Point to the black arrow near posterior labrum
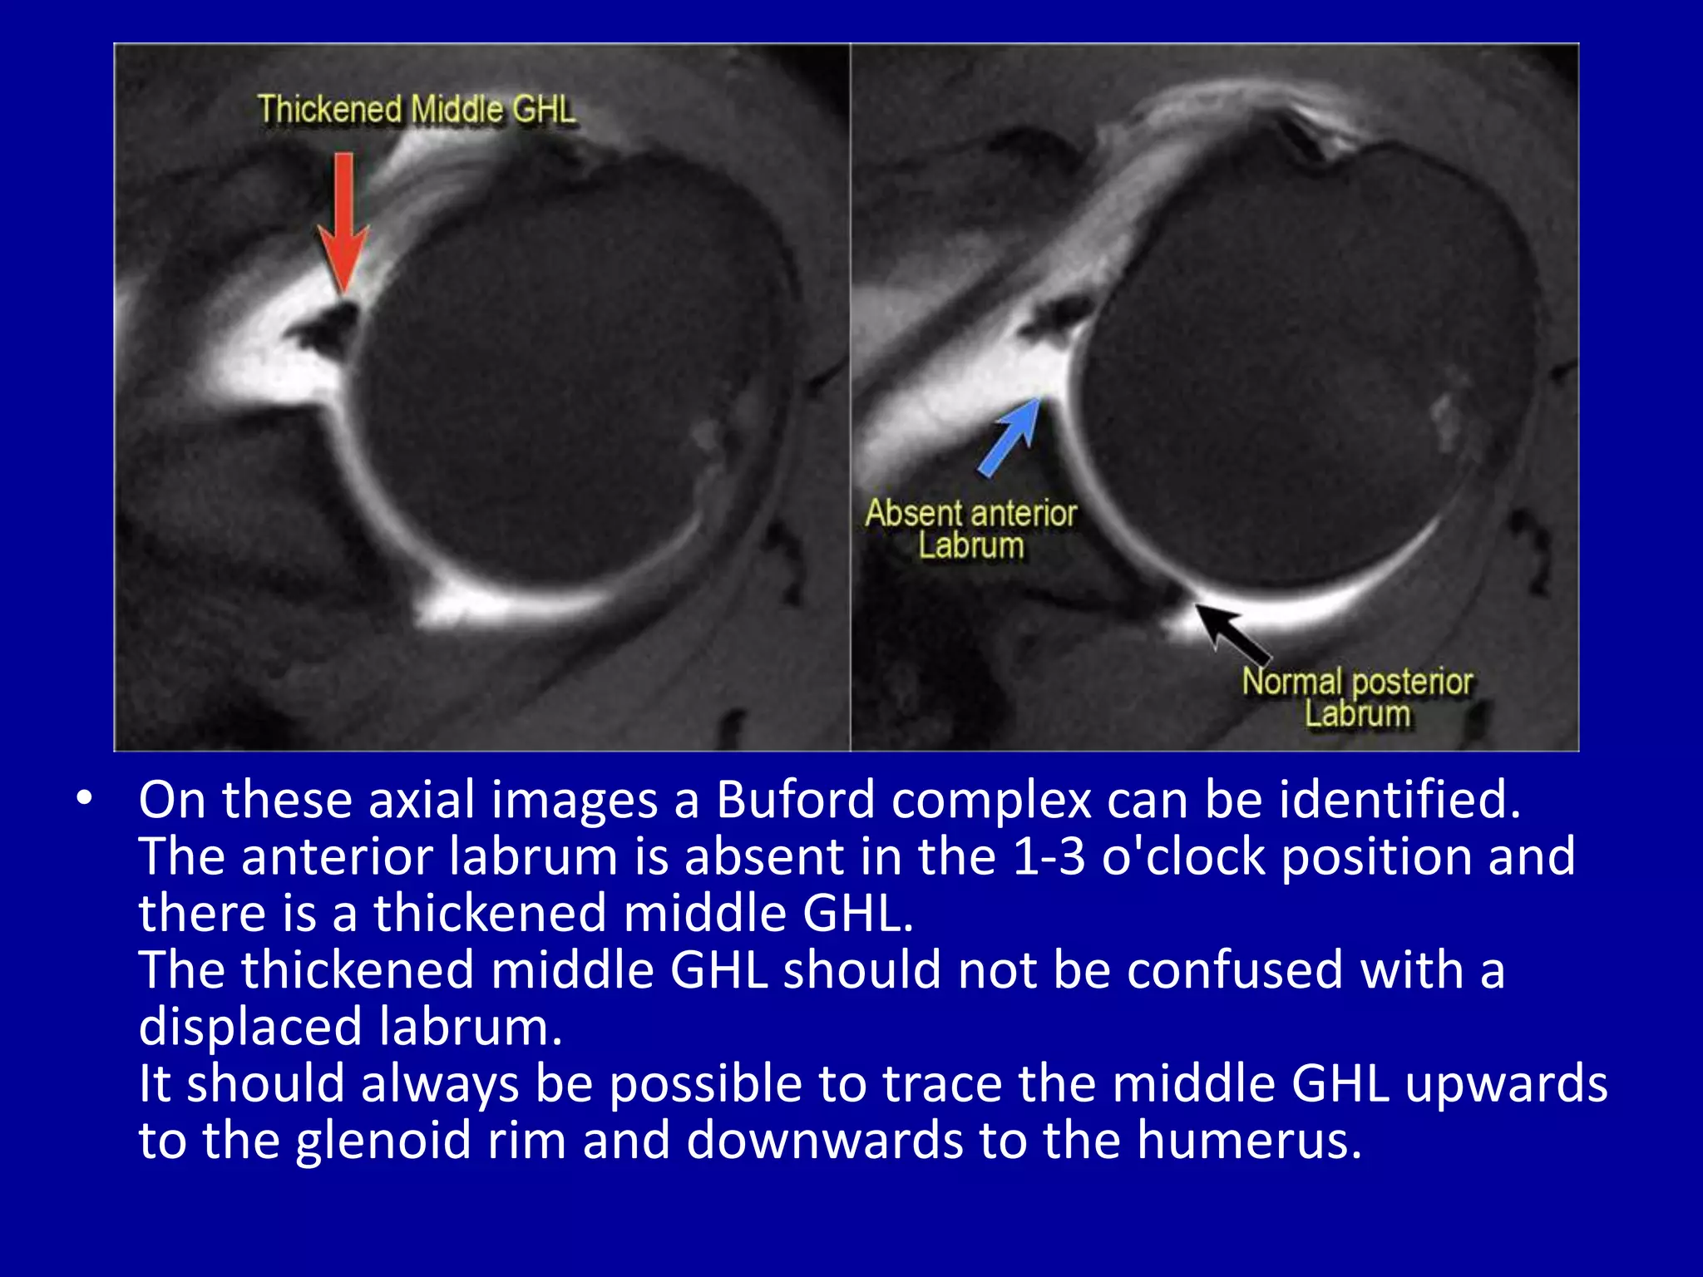(1232, 636)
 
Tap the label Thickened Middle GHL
(416, 110)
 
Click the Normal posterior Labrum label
(1357, 698)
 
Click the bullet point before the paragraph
(83, 799)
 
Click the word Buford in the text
(796, 800)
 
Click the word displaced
(249, 1027)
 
